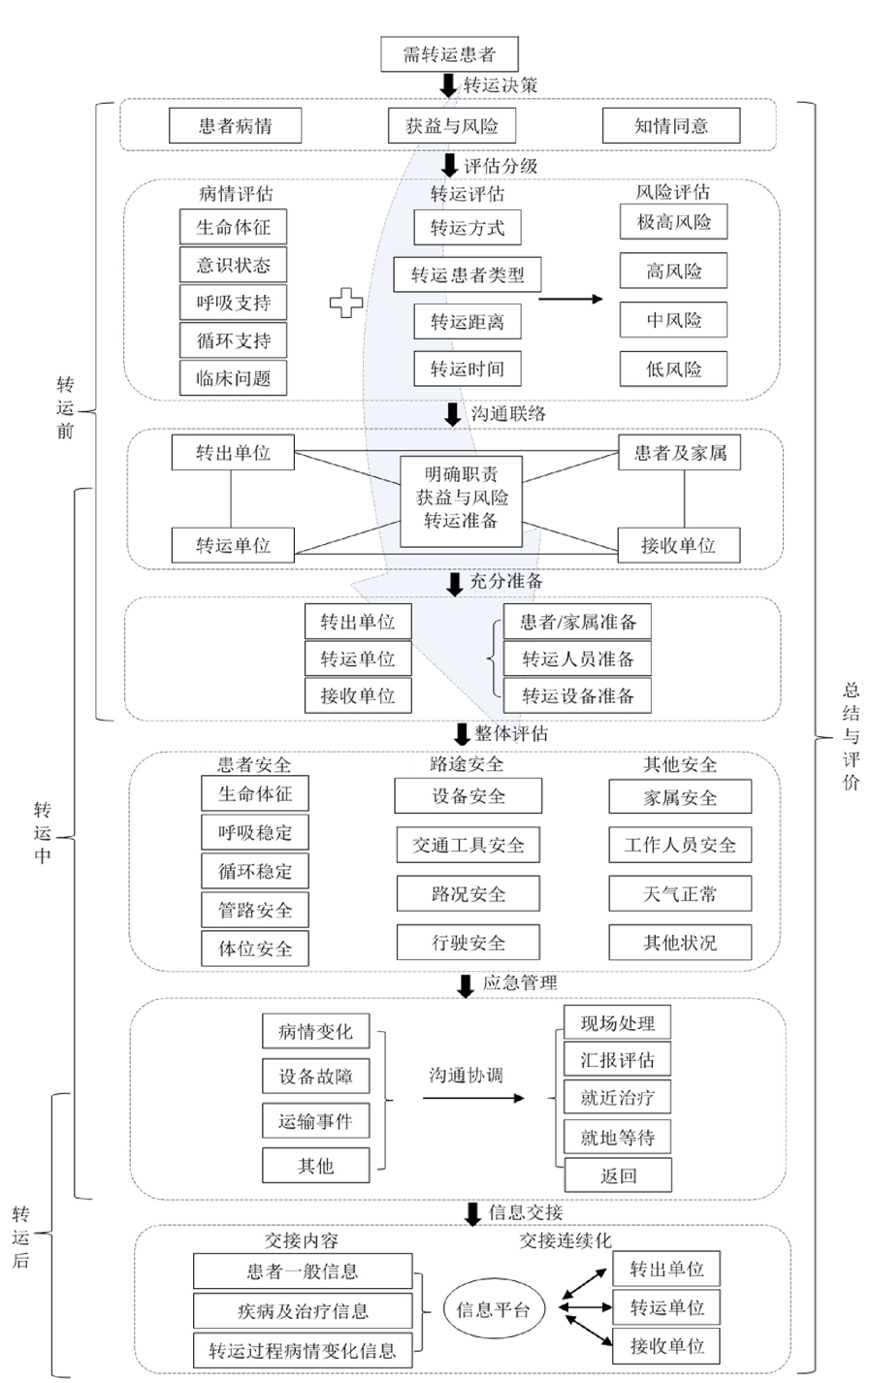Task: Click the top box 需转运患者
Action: pos(449,54)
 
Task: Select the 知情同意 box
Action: pos(671,126)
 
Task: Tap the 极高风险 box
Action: pos(673,222)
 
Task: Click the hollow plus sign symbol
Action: pos(346,303)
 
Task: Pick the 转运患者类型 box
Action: pos(468,274)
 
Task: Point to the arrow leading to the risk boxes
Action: pos(570,300)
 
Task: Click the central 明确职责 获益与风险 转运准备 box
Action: pos(461,501)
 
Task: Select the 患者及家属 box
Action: pos(680,453)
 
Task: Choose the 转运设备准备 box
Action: pos(577,695)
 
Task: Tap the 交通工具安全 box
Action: pos(468,845)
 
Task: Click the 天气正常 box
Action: pos(680,893)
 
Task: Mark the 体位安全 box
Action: pos(255,949)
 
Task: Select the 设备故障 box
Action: pos(315,1077)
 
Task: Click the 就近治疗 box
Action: pos(617,1097)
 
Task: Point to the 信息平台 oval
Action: pos(494,1308)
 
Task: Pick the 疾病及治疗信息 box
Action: pos(303,1311)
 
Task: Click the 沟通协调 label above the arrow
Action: pos(467,1076)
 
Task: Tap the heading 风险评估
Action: pos(673,192)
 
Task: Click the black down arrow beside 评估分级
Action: pos(449,166)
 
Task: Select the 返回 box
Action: pos(618,1174)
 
